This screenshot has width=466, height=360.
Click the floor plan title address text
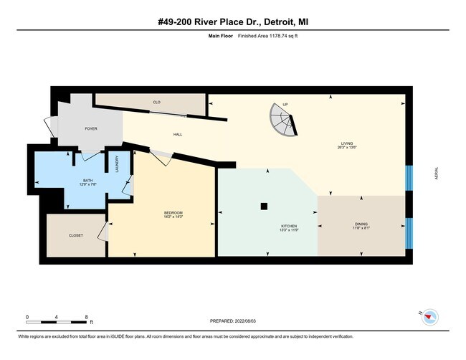pos(233,22)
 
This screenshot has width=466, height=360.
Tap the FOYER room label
pos(91,129)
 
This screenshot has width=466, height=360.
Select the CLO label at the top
pos(156,103)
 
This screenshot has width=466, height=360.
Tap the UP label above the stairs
pos(285,104)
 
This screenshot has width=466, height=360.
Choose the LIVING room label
pos(347,143)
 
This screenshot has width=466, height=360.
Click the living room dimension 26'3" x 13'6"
pos(347,147)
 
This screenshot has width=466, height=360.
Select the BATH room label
pos(87,181)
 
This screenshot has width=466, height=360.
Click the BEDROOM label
pos(173,212)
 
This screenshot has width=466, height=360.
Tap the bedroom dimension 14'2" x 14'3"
pos(173,217)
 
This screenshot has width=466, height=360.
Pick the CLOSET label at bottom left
pos(75,235)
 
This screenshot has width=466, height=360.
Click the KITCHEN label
pos(288,226)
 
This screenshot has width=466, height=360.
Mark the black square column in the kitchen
pos(264,207)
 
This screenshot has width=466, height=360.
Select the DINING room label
pos(361,224)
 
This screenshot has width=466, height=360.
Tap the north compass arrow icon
pos(429,316)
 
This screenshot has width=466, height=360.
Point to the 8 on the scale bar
pos(86,316)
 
